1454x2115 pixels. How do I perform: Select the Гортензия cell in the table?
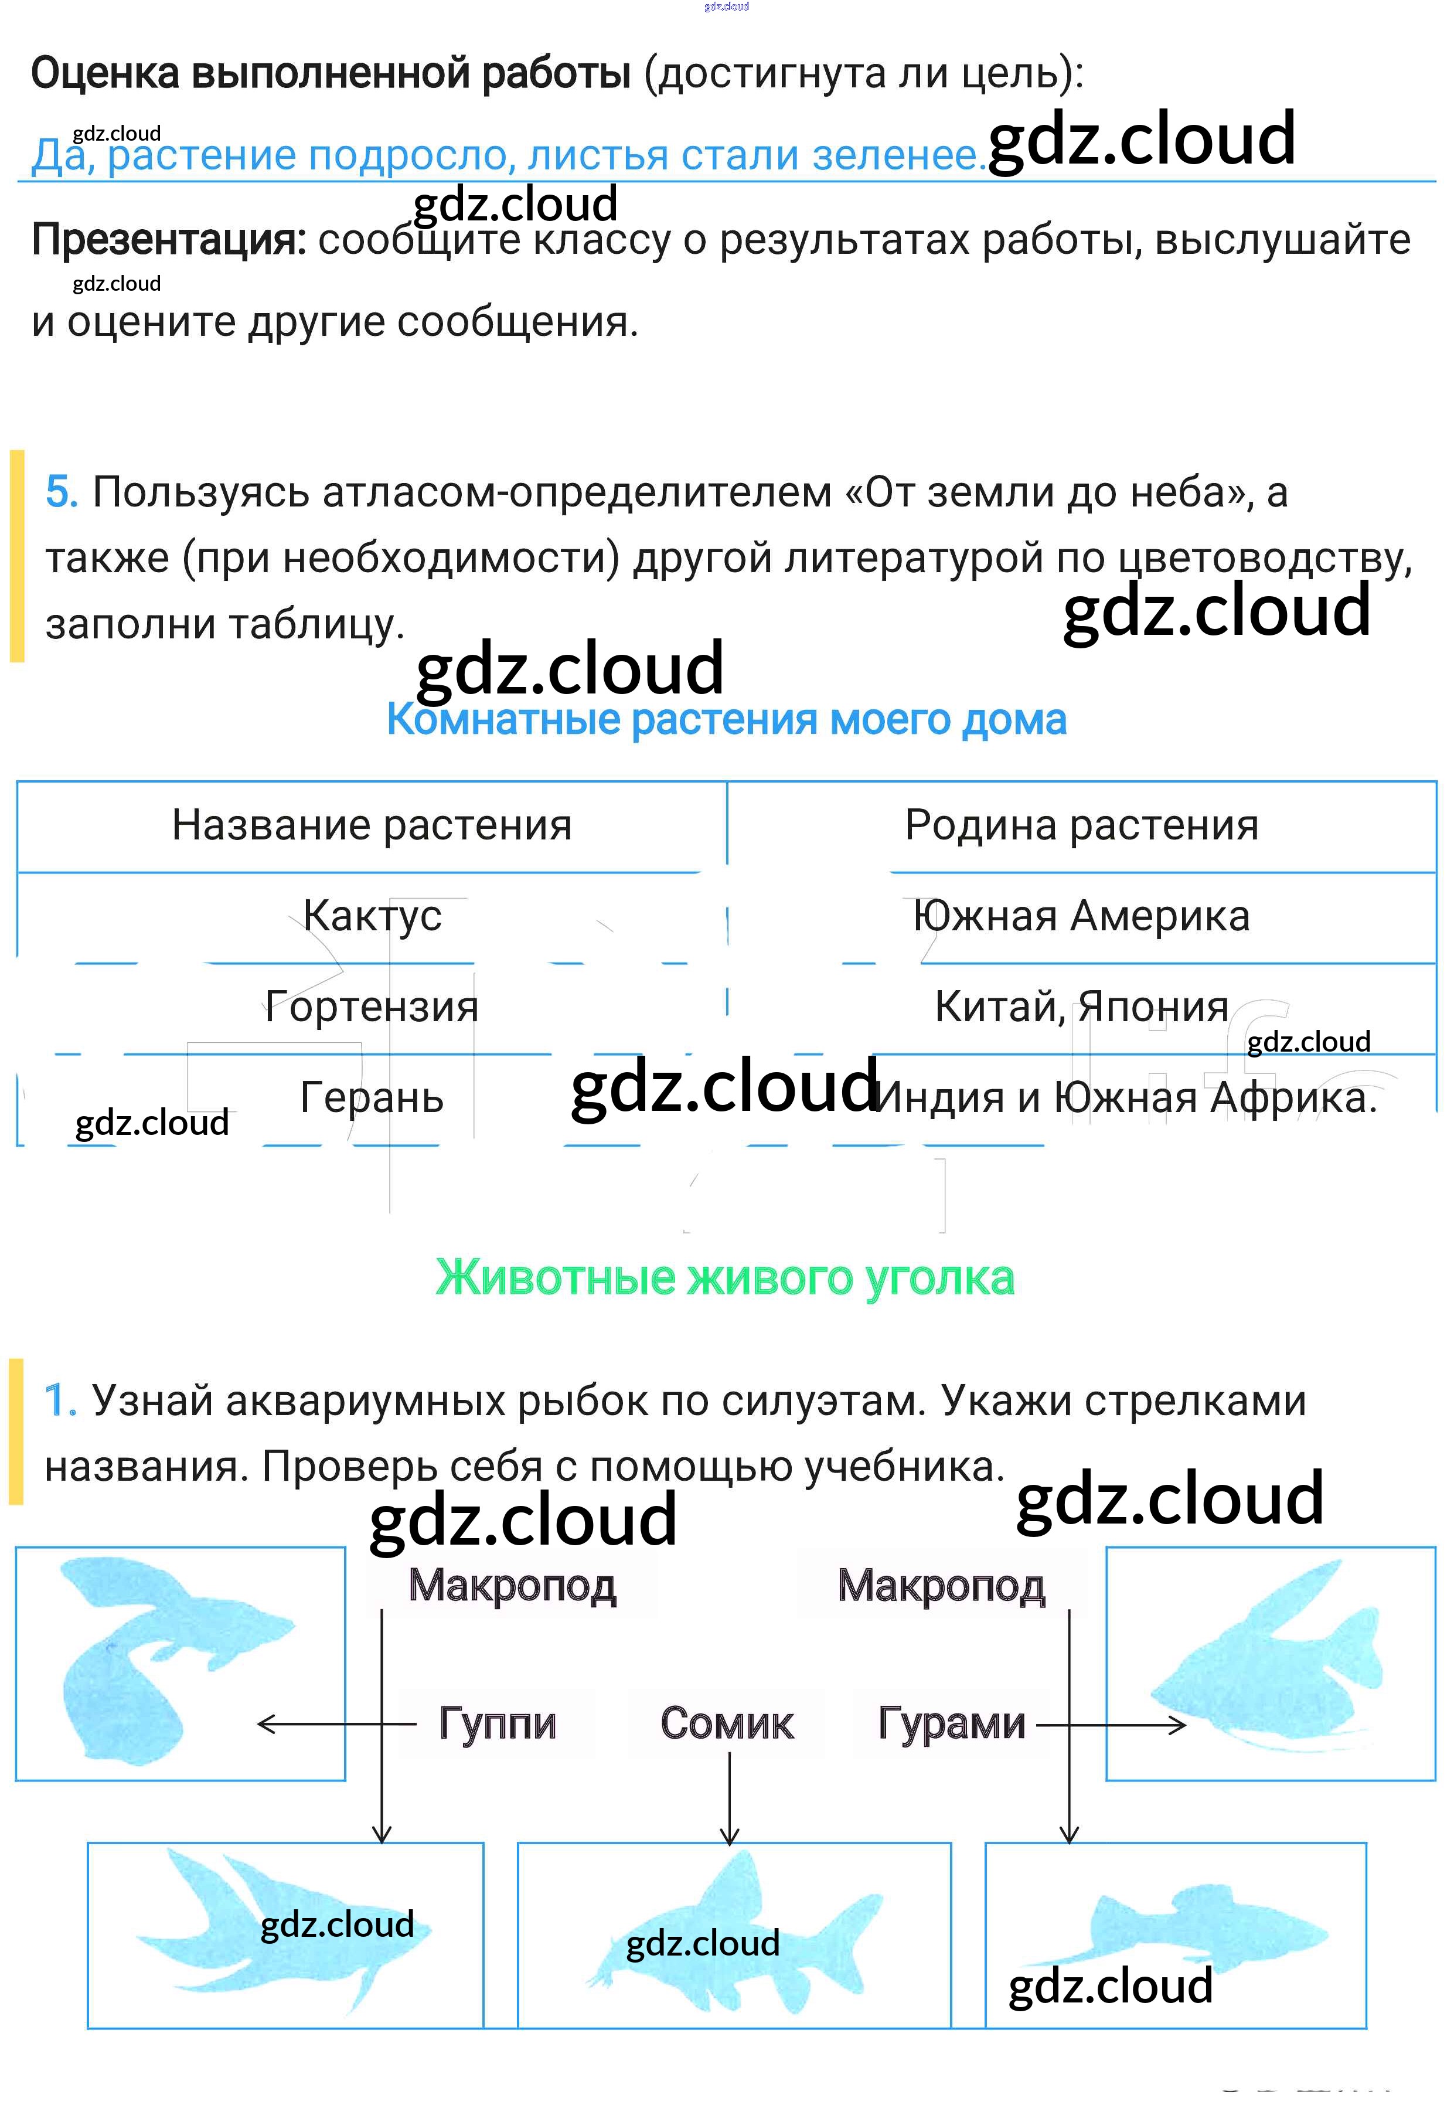click(372, 1007)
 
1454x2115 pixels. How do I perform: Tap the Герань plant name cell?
click(372, 1097)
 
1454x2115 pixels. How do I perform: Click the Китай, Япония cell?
click(1081, 1007)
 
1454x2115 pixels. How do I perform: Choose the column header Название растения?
click(372, 825)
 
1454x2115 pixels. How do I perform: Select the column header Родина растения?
click(1081, 825)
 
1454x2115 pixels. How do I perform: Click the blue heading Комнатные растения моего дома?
click(726, 720)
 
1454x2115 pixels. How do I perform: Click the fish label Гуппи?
click(498, 1723)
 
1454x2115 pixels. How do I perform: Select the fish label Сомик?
click(727, 1723)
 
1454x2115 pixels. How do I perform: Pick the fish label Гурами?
click(951, 1723)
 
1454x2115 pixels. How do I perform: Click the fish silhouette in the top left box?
click(164, 1658)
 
